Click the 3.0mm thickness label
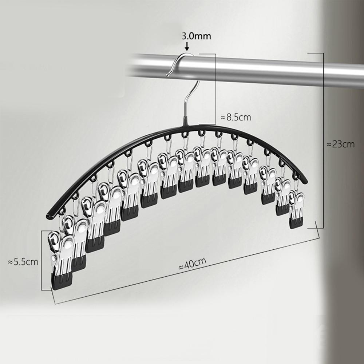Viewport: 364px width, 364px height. coord(197,36)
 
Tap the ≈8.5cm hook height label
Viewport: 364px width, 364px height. coord(236,117)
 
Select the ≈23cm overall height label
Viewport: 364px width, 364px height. coord(341,144)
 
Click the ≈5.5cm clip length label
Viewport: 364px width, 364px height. coord(23,262)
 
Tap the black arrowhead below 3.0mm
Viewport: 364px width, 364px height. coord(187,48)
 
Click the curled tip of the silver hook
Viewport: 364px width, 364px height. coord(168,75)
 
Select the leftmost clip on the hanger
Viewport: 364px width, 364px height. coord(61,260)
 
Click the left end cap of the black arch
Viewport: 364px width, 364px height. coord(49,216)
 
